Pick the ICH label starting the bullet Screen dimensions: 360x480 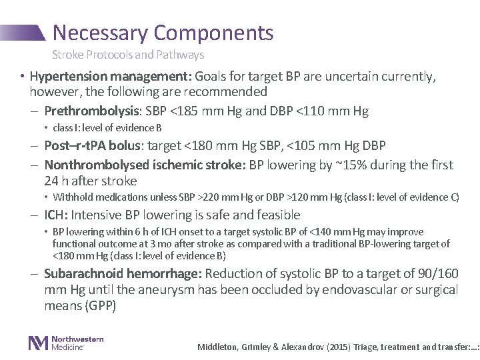click(x=55, y=215)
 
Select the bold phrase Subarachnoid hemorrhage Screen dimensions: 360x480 click(x=124, y=273)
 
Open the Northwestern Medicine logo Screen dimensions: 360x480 click(x=65, y=343)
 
